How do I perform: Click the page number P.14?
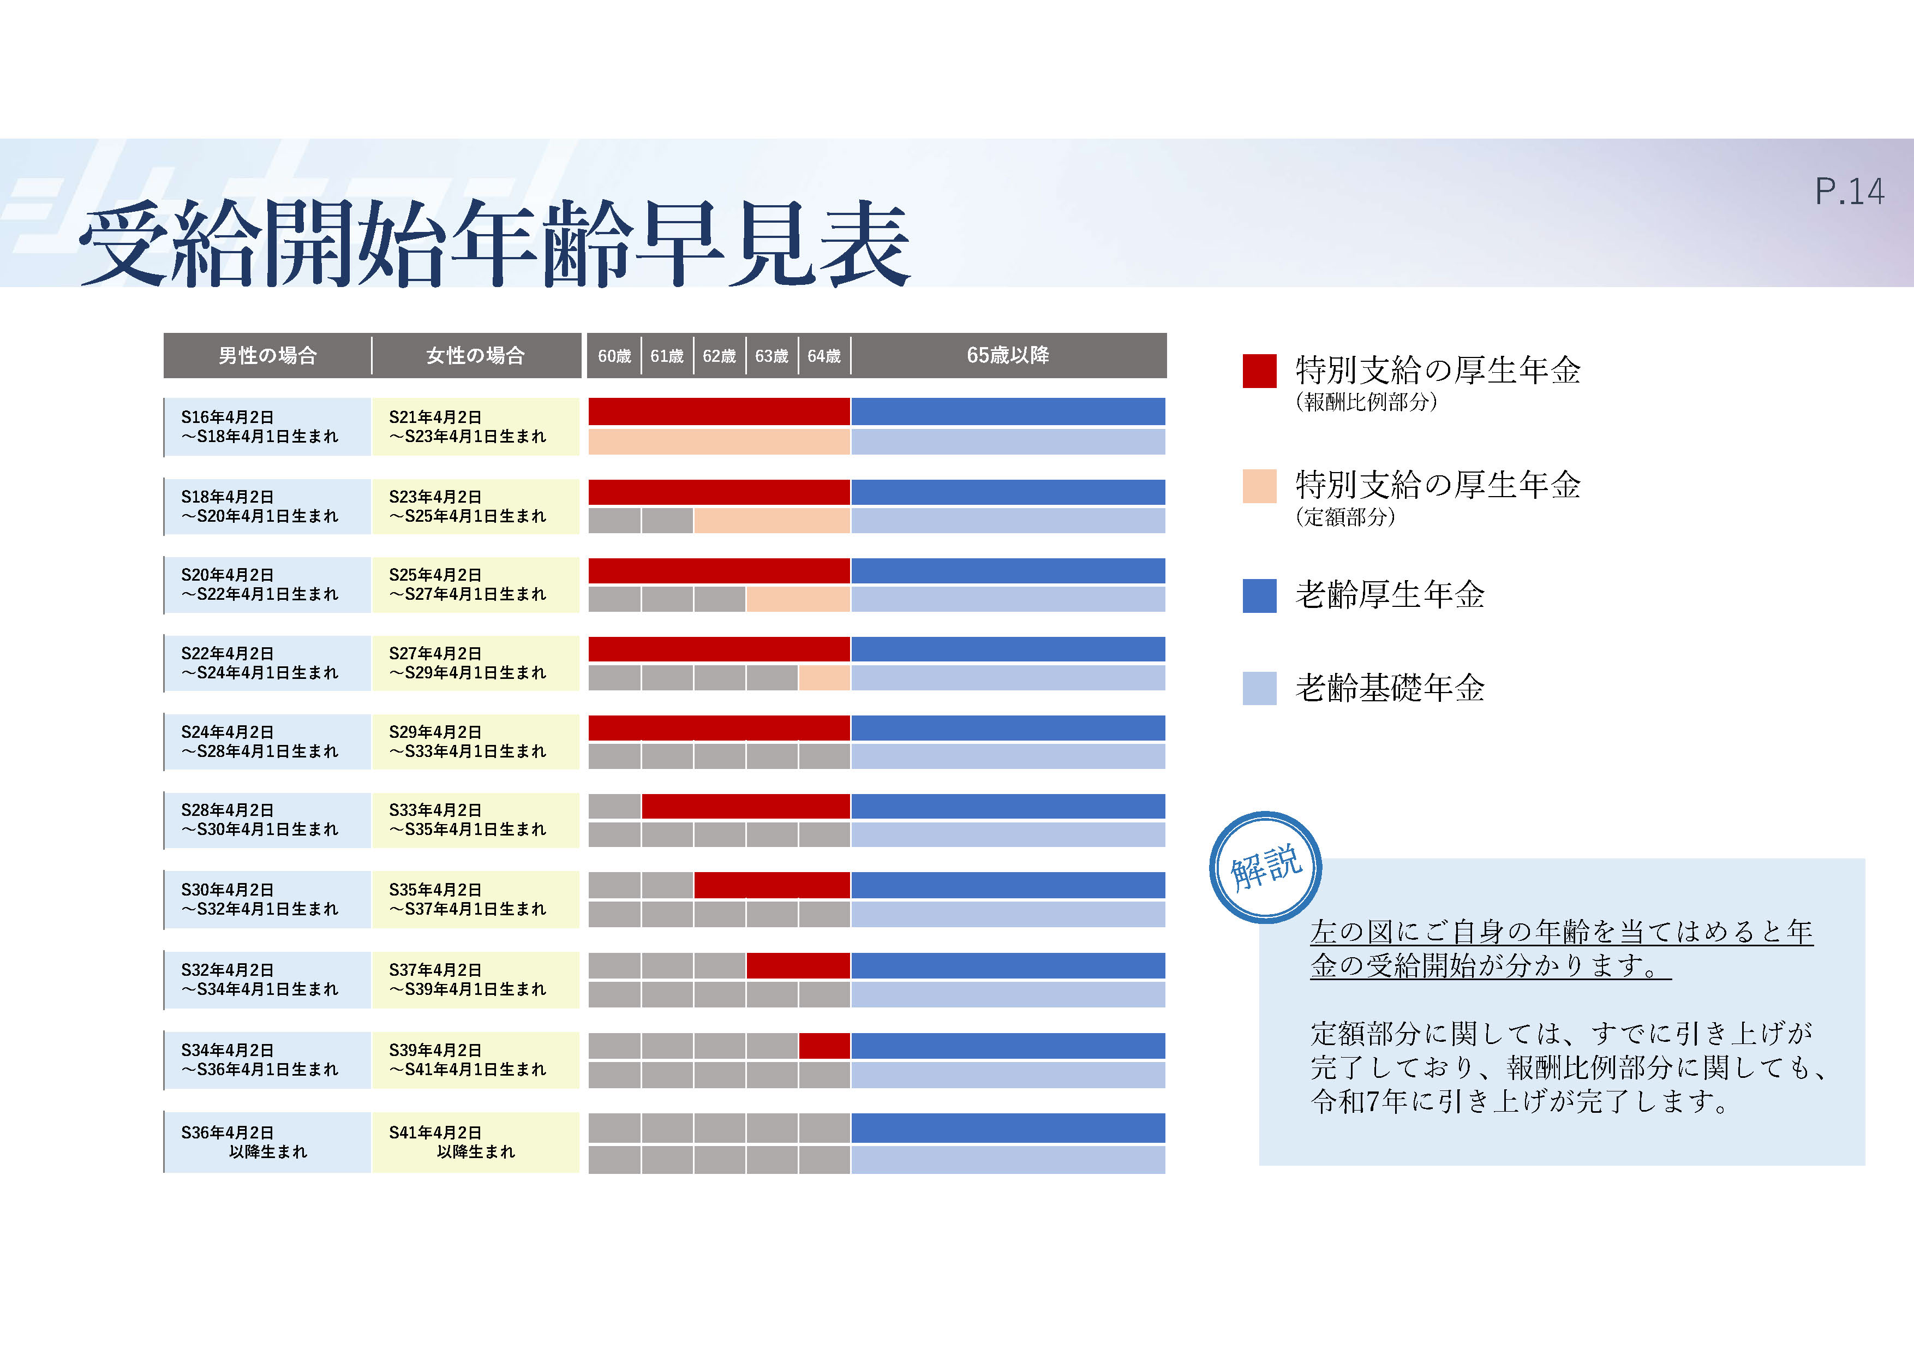(x=1849, y=192)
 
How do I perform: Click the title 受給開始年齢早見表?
(x=494, y=243)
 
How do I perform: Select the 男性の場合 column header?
(x=267, y=356)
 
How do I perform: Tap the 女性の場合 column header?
(x=476, y=356)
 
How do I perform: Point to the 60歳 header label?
(x=614, y=356)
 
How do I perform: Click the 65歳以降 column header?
(x=1008, y=355)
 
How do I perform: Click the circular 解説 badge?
(x=1265, y=867)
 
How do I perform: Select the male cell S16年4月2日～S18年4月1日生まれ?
(x=267, y=427)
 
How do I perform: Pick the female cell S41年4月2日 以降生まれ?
(x=476, y=1142)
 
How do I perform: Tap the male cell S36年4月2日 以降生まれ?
(x=267, y=1142)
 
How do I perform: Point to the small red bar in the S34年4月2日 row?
(x=824, y=1046)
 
